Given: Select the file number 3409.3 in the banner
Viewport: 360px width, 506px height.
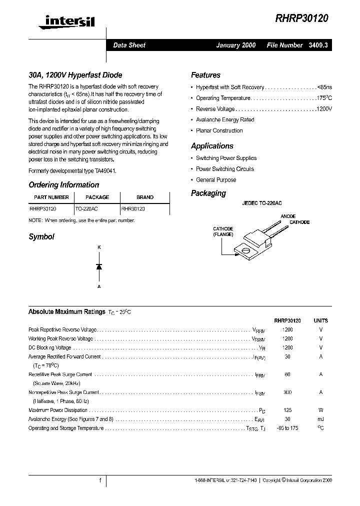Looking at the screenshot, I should tap(319, 45).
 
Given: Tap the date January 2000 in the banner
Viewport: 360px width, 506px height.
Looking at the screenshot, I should tap(235, 45).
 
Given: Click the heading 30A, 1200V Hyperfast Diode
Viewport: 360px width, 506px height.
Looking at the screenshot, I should tap(75, 75).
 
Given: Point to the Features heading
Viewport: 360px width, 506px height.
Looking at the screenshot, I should tap(205, 75).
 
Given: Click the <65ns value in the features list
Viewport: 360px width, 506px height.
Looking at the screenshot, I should tap(324, 87).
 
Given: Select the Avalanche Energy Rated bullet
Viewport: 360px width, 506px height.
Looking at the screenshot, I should tap(225, 120).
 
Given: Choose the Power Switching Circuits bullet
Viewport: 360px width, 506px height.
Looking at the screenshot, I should tap(224, 169).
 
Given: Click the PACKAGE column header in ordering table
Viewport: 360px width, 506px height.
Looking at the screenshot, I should tap(97, 197).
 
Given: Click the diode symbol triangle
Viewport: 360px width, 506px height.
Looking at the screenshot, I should tap(99, 266).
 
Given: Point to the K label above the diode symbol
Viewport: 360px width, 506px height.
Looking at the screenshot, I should tap(99, 247).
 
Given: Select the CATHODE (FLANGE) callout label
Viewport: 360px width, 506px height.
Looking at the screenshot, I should tap(223, 231).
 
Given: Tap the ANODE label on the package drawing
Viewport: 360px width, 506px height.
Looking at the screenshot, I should tap(288, 216).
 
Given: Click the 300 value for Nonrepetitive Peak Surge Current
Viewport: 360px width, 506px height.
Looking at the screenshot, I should tap(287, 392).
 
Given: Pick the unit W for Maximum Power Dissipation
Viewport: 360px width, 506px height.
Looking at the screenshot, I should tap(321, 410).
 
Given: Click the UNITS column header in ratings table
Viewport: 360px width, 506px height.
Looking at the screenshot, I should tap(321, 320).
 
